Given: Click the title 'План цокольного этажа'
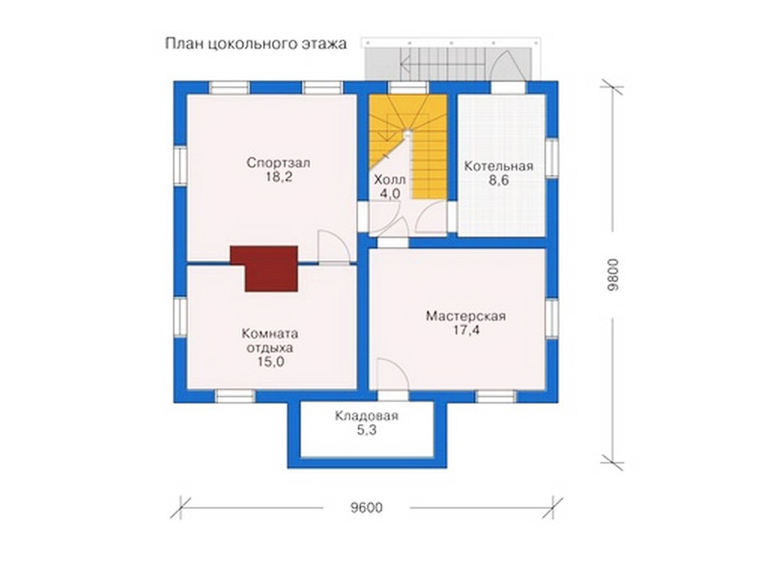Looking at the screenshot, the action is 256,44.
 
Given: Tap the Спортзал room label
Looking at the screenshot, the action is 278,162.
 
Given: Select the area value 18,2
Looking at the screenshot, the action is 279,177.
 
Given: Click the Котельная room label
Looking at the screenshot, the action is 499,166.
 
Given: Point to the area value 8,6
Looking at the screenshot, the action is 499,180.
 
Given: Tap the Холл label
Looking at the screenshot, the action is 390,179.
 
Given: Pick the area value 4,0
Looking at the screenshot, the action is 390,194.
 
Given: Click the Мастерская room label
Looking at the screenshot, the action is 465,316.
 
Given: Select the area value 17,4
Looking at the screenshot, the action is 466,331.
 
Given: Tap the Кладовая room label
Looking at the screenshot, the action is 366,416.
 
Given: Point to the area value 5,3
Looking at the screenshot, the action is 367,430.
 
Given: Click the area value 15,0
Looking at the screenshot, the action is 271,362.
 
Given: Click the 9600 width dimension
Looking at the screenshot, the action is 366,507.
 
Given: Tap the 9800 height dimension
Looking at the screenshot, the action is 613,275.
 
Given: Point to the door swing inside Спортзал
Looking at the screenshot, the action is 334,247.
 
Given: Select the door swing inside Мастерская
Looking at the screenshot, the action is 392,374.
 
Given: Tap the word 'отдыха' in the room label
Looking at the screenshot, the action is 270,348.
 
